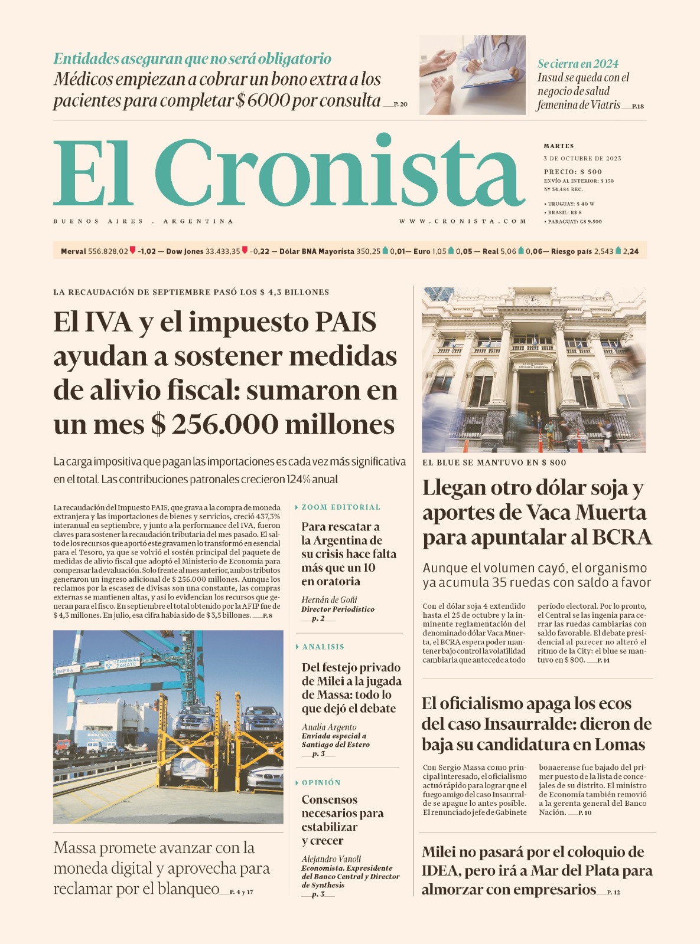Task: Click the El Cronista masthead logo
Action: [289, 172]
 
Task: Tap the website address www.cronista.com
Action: [463, 221]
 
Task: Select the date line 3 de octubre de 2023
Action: [582, 158]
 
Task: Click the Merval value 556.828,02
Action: [108, 251]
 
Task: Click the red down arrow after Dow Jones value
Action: [245, 251]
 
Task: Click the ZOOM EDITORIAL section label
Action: [341, 507]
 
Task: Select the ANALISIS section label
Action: [323, 647]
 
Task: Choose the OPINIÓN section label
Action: [321, 782]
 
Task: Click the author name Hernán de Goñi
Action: [329, 599]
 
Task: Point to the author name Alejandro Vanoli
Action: [331, 859]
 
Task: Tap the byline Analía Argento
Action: [329, 727]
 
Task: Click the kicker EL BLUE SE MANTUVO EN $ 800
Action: [494, 463]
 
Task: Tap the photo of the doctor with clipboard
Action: [473, 74]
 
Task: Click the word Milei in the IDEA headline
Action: [442, 852]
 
